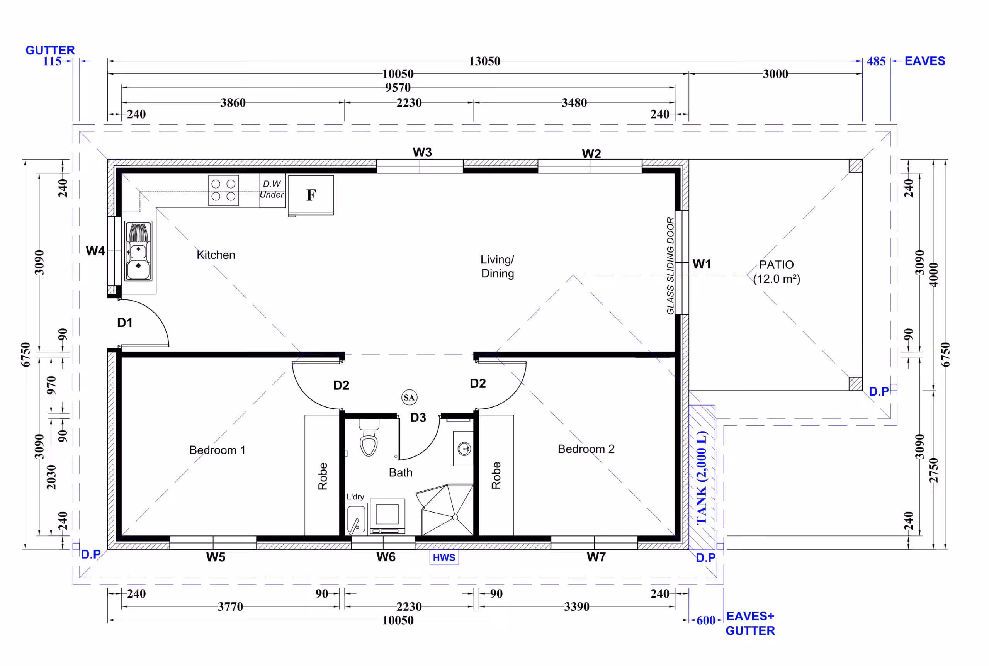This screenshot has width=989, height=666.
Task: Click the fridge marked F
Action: click(311, 195)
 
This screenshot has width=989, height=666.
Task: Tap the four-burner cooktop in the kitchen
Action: click(223, 190)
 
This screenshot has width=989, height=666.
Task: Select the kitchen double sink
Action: click(138, 251)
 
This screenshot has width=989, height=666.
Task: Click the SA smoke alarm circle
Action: click(410, 398)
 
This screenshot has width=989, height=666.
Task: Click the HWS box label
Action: click(444, 557)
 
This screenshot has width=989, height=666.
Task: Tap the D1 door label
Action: click(125, 323)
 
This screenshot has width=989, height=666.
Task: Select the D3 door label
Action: click(418, 418)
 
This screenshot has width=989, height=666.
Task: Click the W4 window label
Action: click(95, 251)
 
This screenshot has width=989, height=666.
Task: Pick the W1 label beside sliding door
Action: click(702, 264)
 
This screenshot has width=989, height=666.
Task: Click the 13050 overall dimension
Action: click(484, 61)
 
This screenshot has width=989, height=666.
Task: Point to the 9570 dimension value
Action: click(398, 87)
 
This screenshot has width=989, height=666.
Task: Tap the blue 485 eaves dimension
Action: click(876, 61)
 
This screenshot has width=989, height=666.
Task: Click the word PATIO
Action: click(776, 265)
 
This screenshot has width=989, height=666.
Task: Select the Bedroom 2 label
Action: click(586, 449)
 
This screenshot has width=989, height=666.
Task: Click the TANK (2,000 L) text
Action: click(702, 478)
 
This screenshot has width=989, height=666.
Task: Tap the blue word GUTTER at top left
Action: click(50, 50)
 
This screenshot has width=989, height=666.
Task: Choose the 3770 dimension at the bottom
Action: click(231, 607)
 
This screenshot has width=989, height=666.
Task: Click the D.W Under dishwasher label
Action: click(272, 189)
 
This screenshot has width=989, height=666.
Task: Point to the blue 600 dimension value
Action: click(706, 620)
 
